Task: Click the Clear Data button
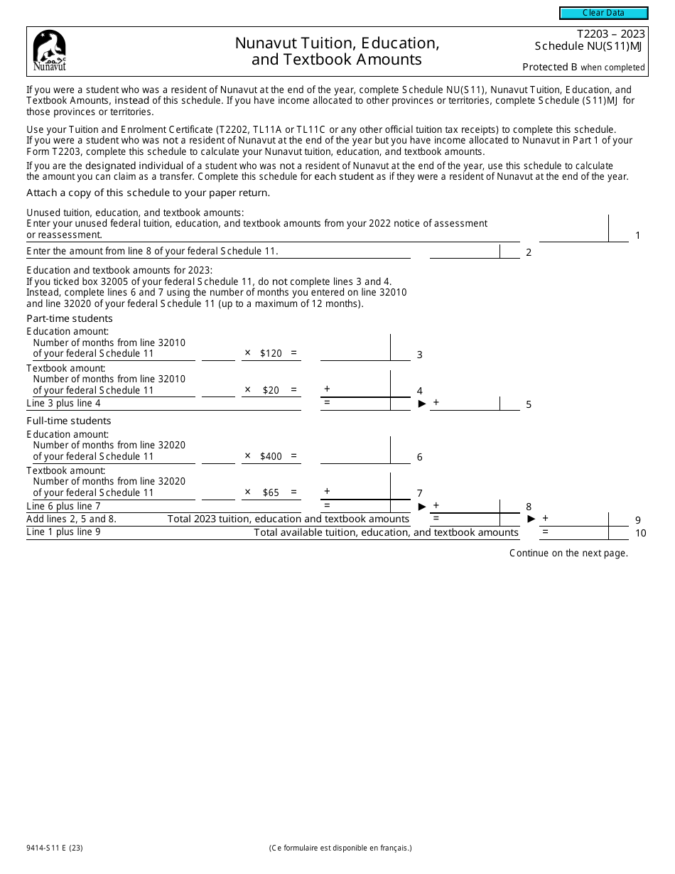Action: coord(603,13)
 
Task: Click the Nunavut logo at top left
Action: coord(50,51)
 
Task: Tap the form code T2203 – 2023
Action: coord(610,33)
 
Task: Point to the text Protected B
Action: coord(550,68)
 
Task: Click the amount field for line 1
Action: coord(573,230)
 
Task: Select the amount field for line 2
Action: coord(465,251)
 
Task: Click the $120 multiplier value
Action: coord(271,353)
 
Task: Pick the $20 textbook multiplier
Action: coord(271,390)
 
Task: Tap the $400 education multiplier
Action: coord(271,456)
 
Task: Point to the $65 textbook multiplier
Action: coord(271,492)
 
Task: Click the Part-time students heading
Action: coord(70,318)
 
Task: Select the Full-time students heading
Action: coord(69,421)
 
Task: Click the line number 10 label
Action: coord(640,533)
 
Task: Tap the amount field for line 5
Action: coord(465,404)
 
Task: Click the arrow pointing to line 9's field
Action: coord(531,519)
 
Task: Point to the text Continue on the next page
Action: coord(568,554)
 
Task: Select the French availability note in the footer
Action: coord(340,848)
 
